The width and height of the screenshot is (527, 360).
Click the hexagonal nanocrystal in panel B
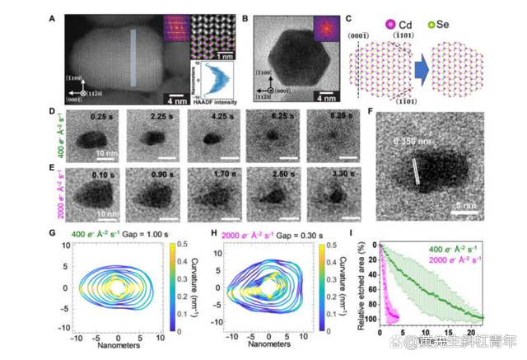(x=292, y=58)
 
